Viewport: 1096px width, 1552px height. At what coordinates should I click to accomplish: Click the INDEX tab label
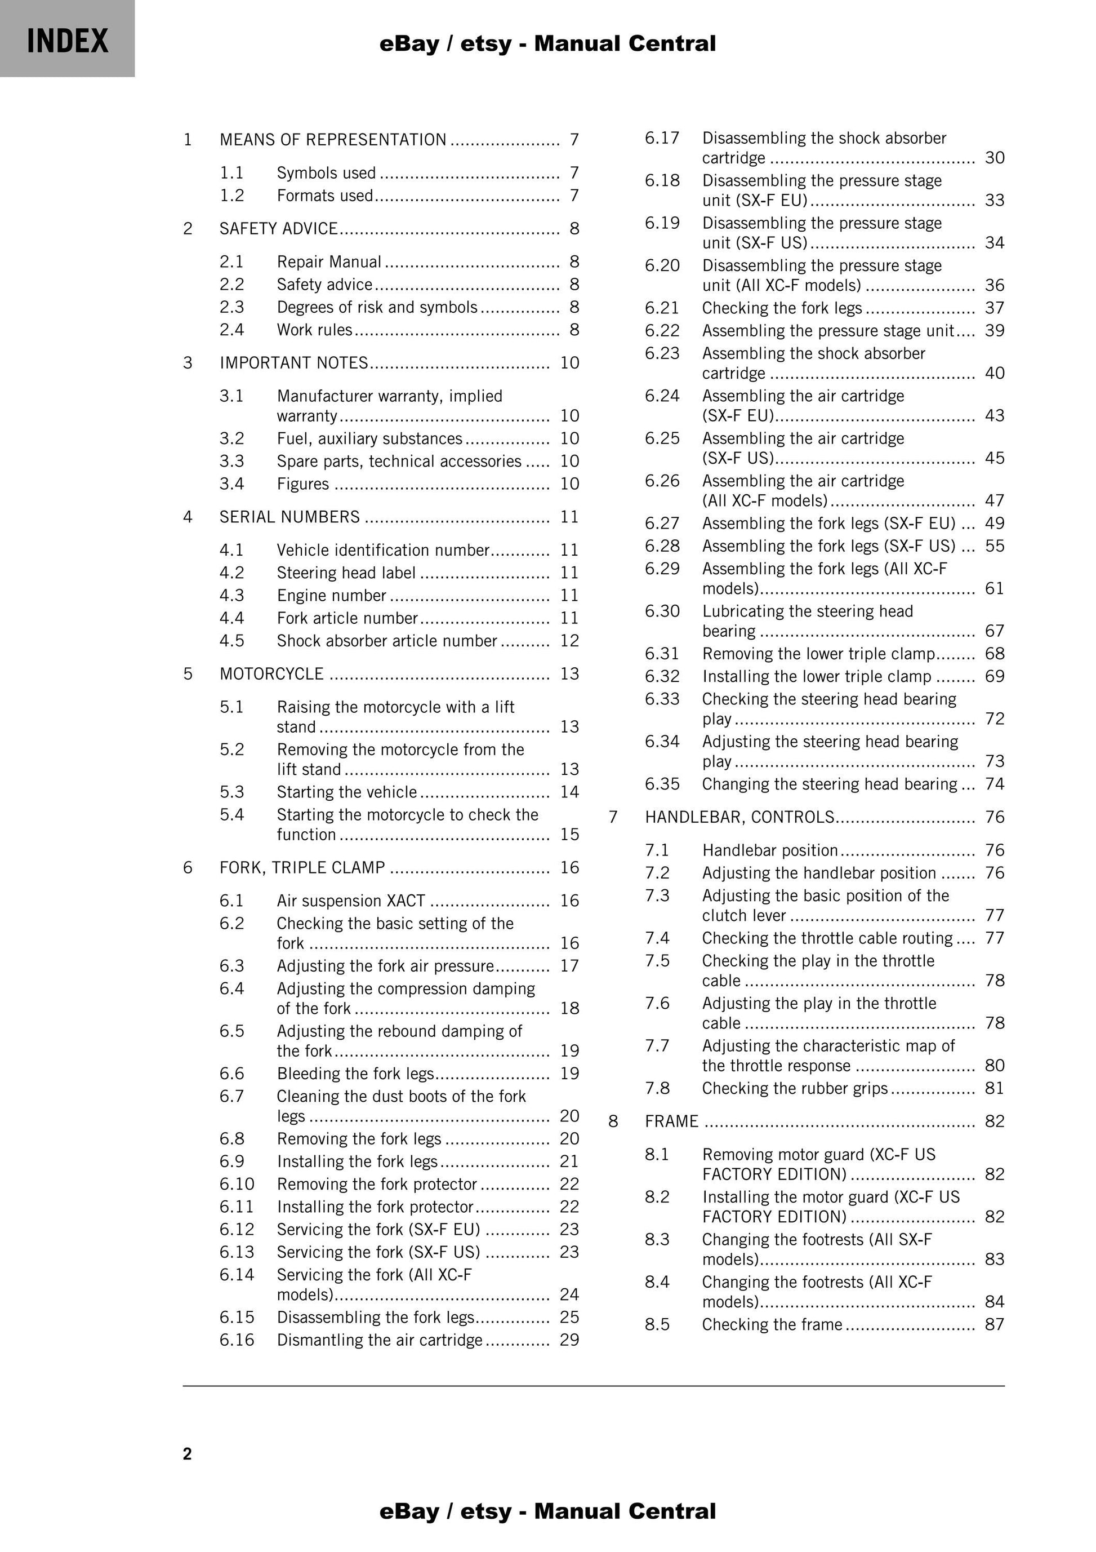pyautogui.click(x=68, y=41)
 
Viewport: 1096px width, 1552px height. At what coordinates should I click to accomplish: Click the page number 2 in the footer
pyautogui.click(x=187, y=1454)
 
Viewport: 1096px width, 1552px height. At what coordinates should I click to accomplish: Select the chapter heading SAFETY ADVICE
pyautogui.click(x=278, y=228)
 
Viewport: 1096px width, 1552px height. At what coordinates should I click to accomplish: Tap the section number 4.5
pyautogui.click(x=232, y=641)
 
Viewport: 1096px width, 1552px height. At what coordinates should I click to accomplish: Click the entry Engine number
pyautogui.click(x=331, y=596)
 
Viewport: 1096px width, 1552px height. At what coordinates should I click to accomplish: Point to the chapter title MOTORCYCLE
pyautogui.click(x=271, y=674)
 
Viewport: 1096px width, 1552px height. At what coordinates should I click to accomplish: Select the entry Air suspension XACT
pyautogui.click(x=351, y=901)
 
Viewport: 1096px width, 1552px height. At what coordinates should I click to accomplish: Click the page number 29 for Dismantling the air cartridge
pyautogui.click(x=569, y=1340)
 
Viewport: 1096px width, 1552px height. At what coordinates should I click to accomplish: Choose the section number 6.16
pyautogui.click(x=237, y=1340)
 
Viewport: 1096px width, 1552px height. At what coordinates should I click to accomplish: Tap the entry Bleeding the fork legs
pyautogui.click(x=355, y=1074)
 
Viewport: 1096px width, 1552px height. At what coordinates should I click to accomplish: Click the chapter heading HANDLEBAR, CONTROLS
pyautogui.click(x=739, y=817)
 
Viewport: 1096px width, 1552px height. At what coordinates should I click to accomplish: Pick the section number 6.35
pyautogui.click(x=662, y=784)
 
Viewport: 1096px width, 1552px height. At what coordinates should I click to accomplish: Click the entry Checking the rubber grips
pyautogui.click(x=795, y=1088)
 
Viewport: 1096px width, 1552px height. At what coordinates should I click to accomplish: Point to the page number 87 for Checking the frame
pyautogui.click(x=995, y=1324)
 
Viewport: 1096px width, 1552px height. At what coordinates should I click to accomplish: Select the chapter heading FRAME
pyautogui.click(x=671, y=1121)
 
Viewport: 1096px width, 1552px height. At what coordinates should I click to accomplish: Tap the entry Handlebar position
pyautogui.click(x=770, y=850)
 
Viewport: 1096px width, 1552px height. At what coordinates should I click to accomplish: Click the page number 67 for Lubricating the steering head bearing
pyautogui.click(x=995, y=631)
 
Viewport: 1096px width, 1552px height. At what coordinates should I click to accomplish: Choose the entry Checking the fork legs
pyautogui.click(x=782, y=308)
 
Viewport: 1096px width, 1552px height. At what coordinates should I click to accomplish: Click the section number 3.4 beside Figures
pyautogui.click(x=232, y=484)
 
